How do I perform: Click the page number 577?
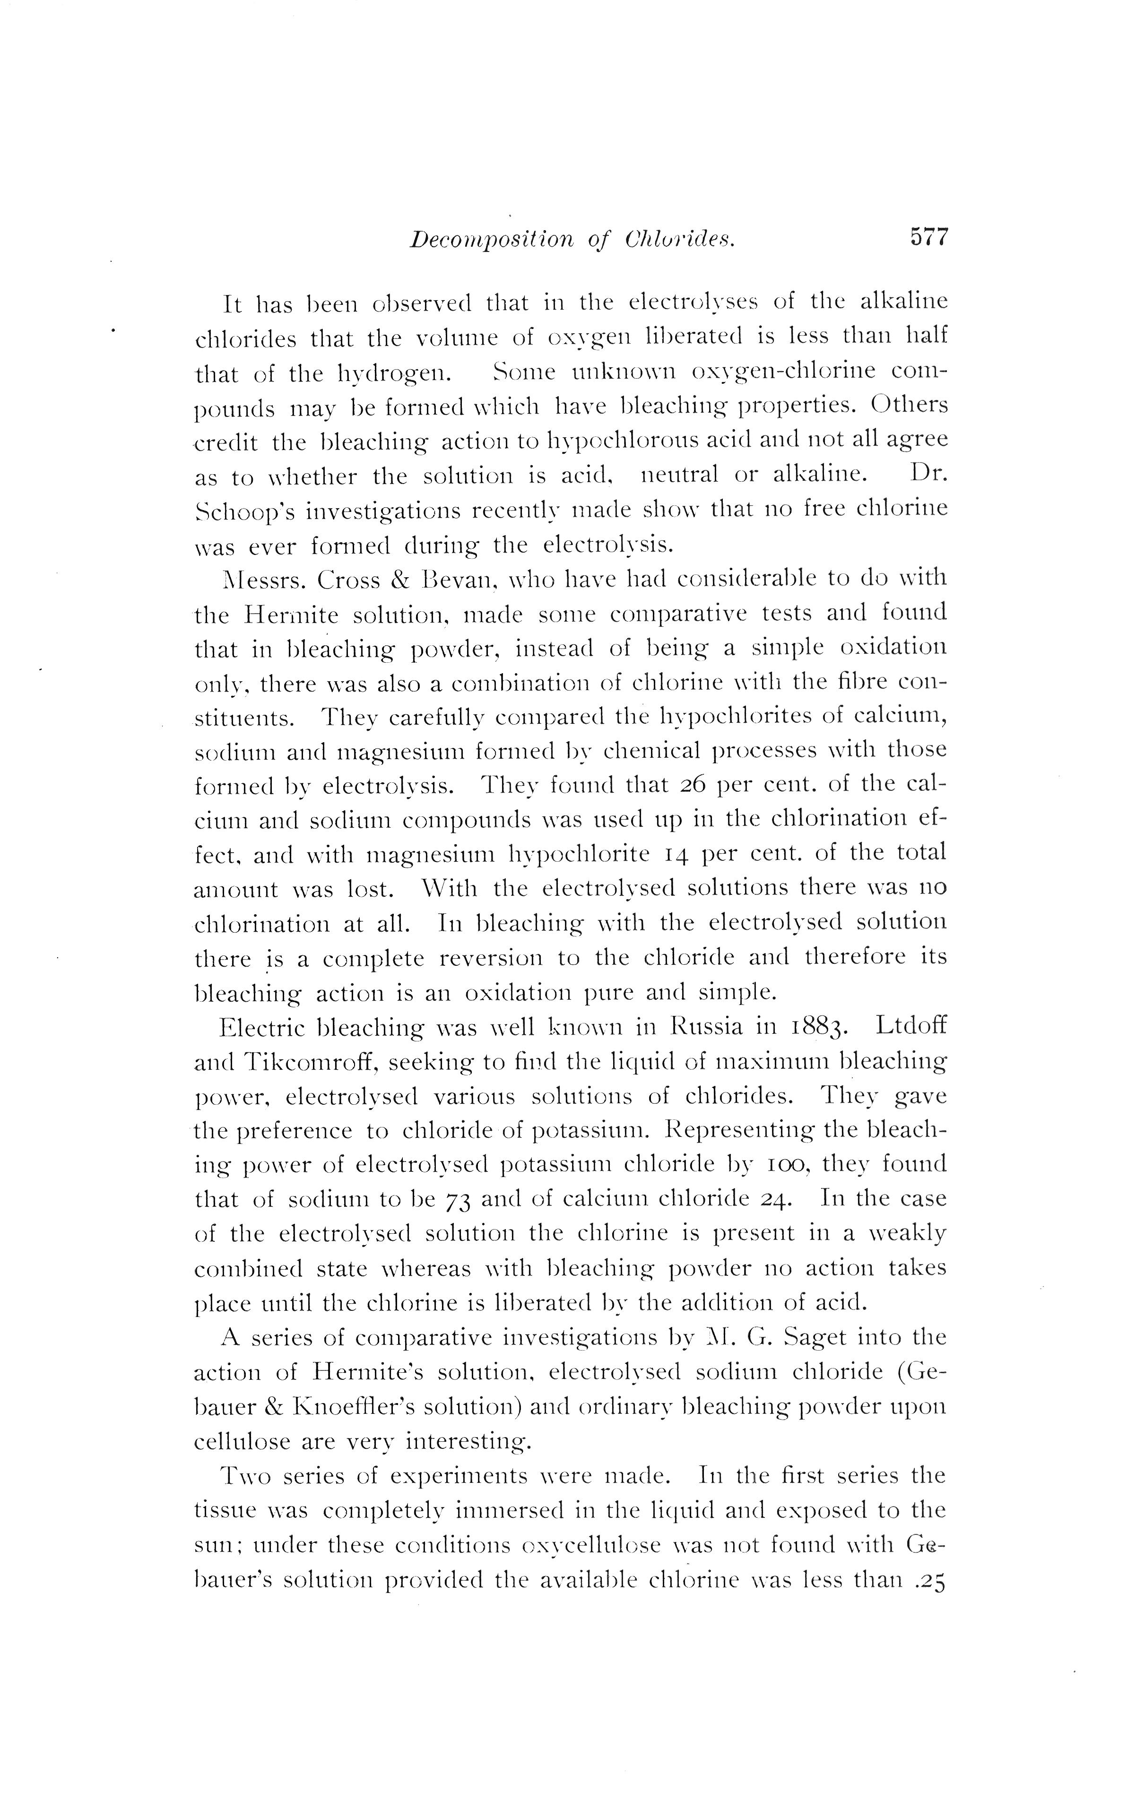[928, 238]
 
